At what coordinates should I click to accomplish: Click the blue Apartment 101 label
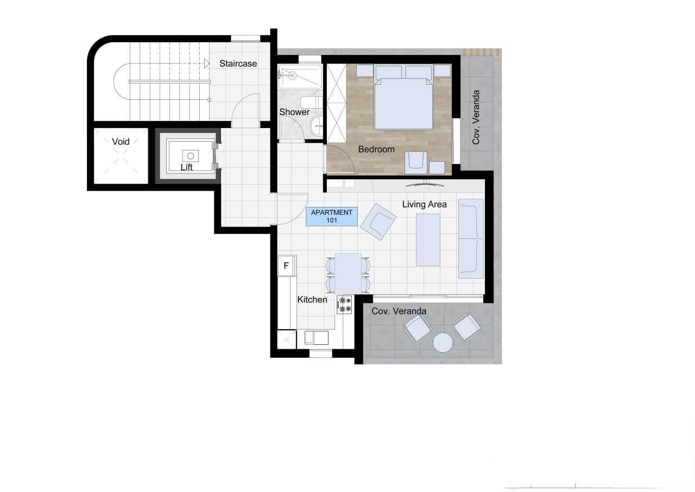coord(332,217)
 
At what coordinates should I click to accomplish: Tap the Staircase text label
coord(238,64)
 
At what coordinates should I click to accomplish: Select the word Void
coord(121,142)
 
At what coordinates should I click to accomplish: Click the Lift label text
coord(186,167)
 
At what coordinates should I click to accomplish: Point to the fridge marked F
coord(286,266)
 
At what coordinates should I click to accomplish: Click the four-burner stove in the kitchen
coord(344,305)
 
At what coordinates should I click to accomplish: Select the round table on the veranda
coord(443,342)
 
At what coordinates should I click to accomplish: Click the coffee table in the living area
coord(428,239)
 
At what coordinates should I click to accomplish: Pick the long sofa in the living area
coord(471,239)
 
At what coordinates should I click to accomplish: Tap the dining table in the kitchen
coord(348,273)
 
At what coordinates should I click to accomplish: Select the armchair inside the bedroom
coord(416,161)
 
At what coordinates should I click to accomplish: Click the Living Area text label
coord(424,205)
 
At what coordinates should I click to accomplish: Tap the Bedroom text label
coord(376,149)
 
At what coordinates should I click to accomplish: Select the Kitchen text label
coord(312,300)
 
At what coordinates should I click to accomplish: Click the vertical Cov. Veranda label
coord(476,117)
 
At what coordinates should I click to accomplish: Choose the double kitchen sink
coord(317,338)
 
